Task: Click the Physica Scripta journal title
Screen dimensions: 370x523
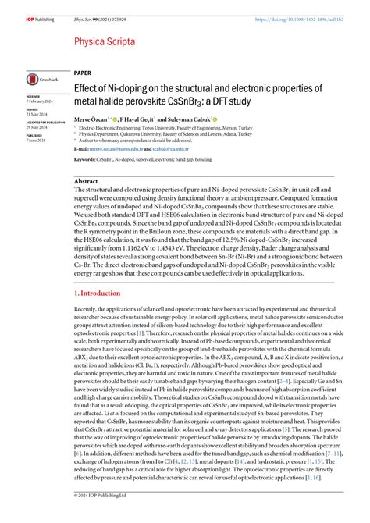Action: (x=104, y=41)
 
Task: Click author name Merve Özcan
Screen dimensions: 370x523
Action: (x=92, y=119)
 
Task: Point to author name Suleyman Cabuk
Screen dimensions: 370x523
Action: (x=187, y=119)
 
